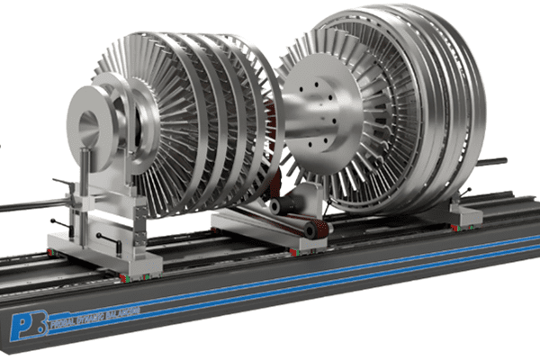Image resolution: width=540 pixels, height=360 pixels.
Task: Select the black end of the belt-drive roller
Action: point(311,231)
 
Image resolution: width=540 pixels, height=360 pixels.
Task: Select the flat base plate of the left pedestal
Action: point(108,261)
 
